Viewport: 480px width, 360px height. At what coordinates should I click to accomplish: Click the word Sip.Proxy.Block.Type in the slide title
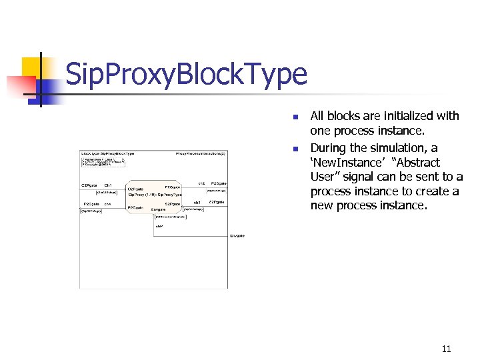187,75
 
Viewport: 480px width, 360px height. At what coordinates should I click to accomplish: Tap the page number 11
446,348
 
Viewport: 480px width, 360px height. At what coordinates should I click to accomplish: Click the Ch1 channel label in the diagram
108,185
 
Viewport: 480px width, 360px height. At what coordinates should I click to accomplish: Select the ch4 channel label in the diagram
107,203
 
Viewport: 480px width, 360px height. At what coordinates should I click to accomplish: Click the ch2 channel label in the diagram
201,183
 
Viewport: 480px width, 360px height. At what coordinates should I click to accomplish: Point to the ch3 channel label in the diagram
197,202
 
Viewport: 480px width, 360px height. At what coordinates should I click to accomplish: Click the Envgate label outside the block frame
237,235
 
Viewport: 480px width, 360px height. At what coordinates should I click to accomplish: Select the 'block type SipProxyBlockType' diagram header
108,153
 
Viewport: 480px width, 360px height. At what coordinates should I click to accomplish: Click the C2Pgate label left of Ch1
89,185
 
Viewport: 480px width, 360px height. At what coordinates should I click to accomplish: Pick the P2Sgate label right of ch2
219,183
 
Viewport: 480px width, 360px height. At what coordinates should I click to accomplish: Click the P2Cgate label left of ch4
91,203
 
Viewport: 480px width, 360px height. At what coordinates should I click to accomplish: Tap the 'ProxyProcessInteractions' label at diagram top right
201,153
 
